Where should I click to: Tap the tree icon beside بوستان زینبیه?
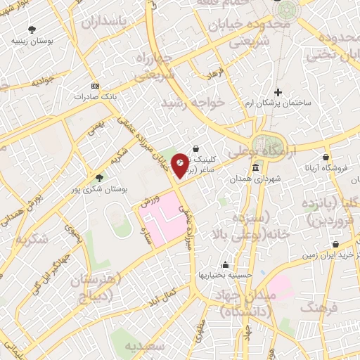point(32,29)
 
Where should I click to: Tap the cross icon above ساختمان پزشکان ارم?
point(278,92)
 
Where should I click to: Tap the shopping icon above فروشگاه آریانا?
point(326,157)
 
